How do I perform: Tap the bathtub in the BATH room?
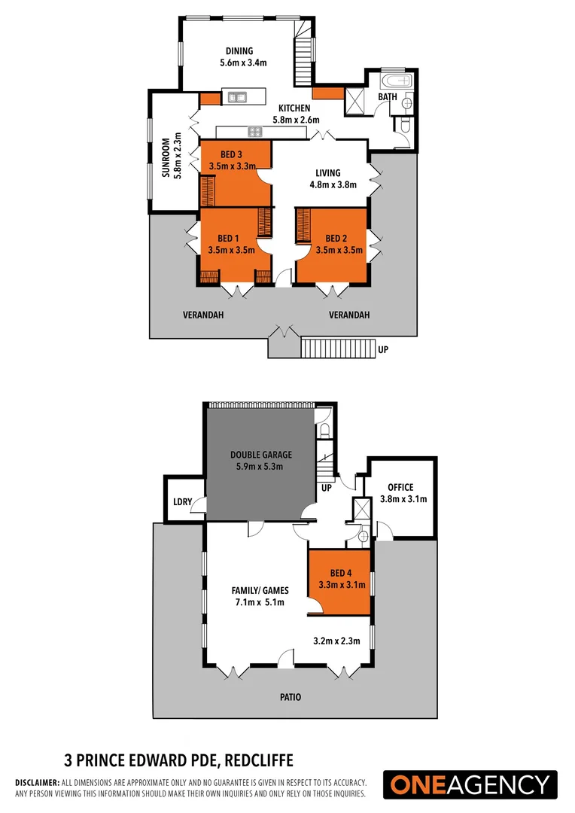pyautogui.click(x=396, y=79)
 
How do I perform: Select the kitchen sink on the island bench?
pyautogui.click(x=238, y=96)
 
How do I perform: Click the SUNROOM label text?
pyautogui.click(x=166, y=157)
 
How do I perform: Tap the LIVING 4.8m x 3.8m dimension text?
pyautogui.click(x=329, y=184)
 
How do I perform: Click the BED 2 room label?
pyautogui.click(x=329, y=239)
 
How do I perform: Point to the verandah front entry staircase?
pyautogui.click(x=337, y=349)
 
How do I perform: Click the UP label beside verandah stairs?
pyautogui.click(x=383, y=350)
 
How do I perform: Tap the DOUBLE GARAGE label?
pyautogui.click(x=261, y=455)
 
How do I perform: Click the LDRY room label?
pyautogui.click(x=181, y=501)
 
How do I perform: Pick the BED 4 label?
pyautogui.click(x=339, y=562)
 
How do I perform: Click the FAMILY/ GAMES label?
pyautogui.click(x=260, y=590)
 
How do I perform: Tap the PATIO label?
pyautogui.click(x=291, y=697)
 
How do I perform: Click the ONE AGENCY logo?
pyautogui.click(x=470, y=784)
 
